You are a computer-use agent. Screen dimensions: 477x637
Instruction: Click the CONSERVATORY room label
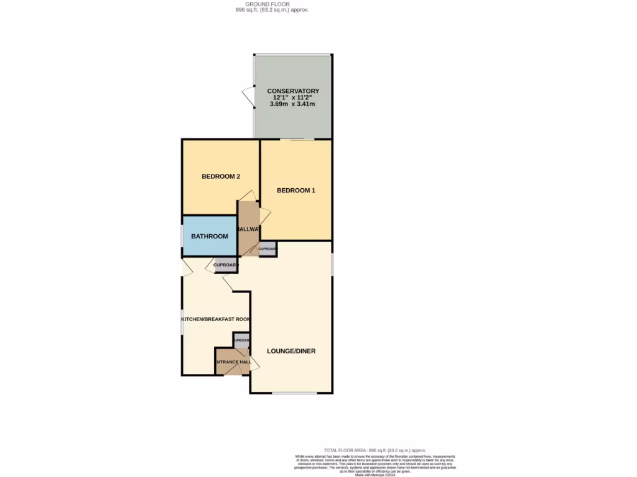coord(293,91)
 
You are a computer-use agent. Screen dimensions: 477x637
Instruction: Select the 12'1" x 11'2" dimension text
coord(293,98)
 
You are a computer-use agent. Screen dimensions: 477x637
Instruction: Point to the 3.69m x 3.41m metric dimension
coord(293,104)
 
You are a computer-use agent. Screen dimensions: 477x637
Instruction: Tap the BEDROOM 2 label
coord(221,176)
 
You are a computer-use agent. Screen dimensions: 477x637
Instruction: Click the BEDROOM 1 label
coord(296,190)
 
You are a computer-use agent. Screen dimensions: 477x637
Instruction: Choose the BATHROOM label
coord(210,236)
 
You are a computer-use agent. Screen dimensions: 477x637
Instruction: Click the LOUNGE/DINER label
coord(291,351)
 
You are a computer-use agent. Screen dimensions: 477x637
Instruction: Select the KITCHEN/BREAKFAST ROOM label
coord(216,319)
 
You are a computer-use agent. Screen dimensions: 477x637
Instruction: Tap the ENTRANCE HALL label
coord(233,362)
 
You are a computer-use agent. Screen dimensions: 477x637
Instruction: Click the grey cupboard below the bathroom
coord(225,265)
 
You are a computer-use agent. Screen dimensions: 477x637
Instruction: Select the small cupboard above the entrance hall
coord(241,340)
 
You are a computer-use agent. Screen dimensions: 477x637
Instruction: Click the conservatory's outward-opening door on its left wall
coord(248,96)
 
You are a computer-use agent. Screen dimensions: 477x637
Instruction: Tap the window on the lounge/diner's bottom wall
coord(294,393)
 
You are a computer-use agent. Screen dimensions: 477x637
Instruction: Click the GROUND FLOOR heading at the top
coord(268,4)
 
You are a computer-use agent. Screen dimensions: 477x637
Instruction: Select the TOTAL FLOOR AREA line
coord(374,450)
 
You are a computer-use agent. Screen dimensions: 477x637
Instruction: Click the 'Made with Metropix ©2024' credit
coord(375,475)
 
